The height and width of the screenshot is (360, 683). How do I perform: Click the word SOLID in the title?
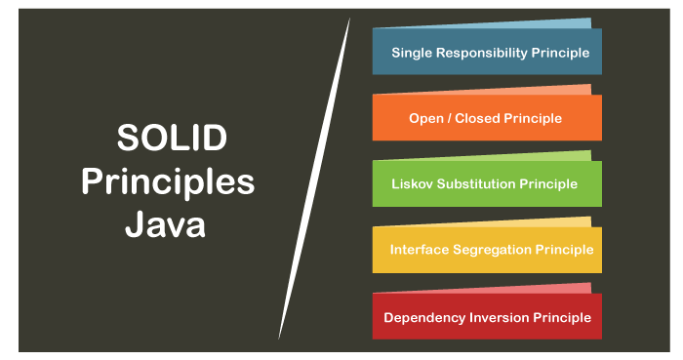[172, 139]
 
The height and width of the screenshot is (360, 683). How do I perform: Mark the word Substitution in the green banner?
[480, 183]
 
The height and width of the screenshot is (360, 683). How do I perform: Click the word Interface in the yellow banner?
[420, 250]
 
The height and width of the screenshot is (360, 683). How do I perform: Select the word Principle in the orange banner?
[535, 118]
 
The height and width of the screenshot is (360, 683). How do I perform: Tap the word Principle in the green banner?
[549, 183]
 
